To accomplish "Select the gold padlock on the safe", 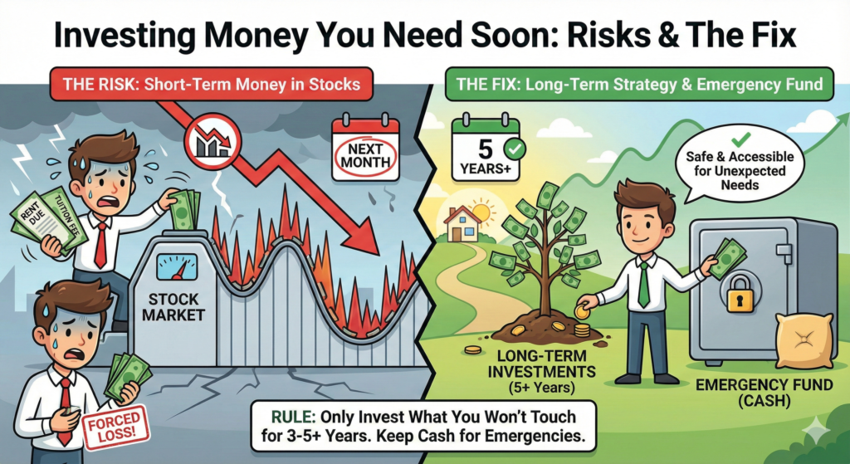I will coord(737,295).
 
